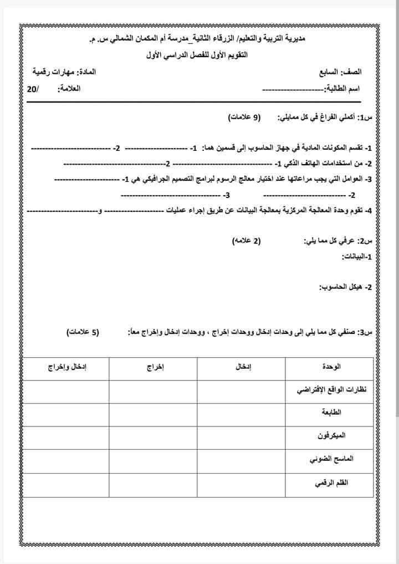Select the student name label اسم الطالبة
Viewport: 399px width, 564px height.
pos(341,89)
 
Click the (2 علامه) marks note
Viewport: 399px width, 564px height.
pos(245,241)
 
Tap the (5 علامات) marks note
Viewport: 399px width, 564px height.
pos(84,332)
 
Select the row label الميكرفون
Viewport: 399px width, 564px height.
pos(330,437)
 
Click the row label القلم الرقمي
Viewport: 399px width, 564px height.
pos(331,484)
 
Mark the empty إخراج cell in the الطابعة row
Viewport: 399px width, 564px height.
pos(153,414)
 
